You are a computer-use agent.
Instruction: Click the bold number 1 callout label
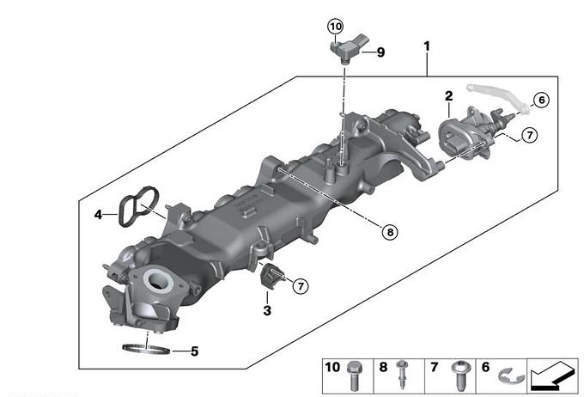427,46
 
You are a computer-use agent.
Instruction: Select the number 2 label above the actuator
449,96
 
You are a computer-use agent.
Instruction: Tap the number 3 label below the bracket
267,310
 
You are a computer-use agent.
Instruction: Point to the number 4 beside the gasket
98,214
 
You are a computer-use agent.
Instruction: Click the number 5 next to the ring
194,351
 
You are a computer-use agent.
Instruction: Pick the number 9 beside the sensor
380,52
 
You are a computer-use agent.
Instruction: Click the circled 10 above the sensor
336,27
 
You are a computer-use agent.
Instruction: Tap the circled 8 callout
390,232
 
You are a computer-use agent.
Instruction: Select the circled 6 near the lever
542,100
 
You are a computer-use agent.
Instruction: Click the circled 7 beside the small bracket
301,286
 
